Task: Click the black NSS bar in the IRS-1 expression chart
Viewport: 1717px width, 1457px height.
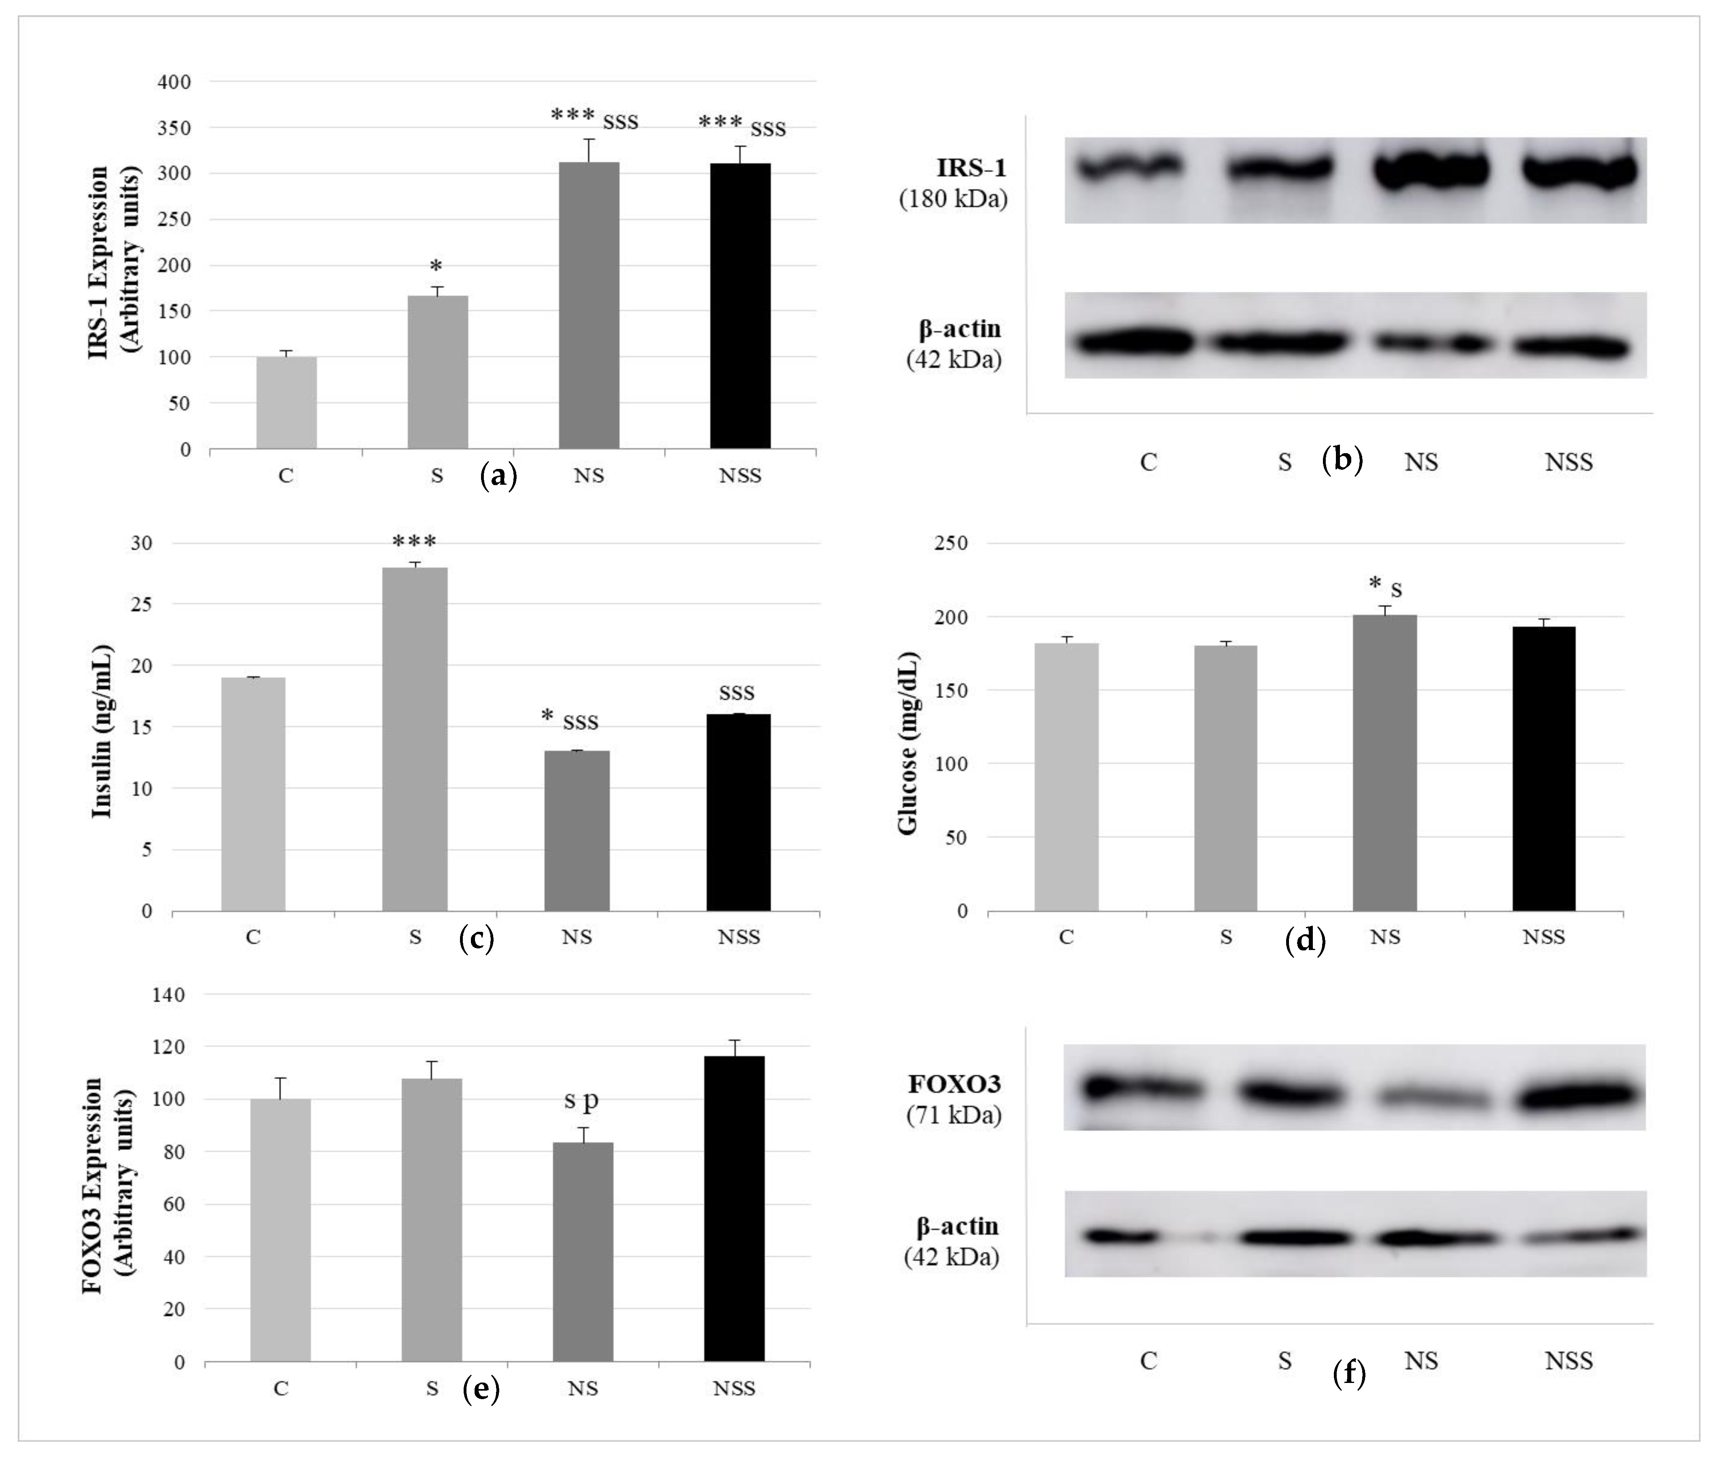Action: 740,305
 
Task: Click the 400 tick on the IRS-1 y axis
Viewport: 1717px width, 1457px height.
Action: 174,82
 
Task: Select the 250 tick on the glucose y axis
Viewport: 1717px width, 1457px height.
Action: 951,543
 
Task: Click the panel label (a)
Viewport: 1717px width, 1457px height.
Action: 498,477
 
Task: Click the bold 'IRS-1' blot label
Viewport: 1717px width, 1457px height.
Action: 971,168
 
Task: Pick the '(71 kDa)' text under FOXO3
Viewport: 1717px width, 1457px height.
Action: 954,1116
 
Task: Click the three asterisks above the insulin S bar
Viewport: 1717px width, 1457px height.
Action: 414,543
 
